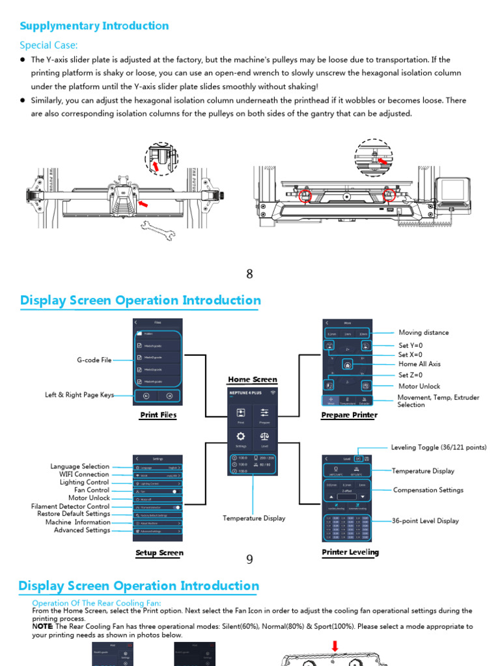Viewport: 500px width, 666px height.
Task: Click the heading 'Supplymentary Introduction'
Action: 94,26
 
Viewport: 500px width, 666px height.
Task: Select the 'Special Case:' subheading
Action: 48,45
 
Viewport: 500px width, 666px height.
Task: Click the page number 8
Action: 249,274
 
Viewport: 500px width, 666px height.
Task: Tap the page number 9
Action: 249,559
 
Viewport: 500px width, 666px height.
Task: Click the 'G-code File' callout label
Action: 94,360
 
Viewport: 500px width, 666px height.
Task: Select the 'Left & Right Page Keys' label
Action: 79,395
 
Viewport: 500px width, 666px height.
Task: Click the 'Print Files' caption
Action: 158,415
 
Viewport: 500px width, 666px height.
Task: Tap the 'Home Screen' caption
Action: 252,379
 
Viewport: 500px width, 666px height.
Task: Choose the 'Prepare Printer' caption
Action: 349,415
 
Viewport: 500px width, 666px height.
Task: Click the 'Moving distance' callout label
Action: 423,332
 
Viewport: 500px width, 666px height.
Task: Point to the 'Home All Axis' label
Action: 419,364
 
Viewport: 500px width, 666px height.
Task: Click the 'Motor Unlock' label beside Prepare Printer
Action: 419,386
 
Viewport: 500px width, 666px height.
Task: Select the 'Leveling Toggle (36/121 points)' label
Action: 438,447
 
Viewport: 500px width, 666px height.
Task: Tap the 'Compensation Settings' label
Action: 428,490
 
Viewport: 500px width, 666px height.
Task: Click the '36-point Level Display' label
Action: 425,520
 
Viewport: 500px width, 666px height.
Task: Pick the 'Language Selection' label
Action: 79,466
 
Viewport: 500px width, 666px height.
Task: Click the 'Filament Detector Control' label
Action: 70,506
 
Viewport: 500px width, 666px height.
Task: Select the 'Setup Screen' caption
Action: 159,553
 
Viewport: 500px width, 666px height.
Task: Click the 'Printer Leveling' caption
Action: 350,552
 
